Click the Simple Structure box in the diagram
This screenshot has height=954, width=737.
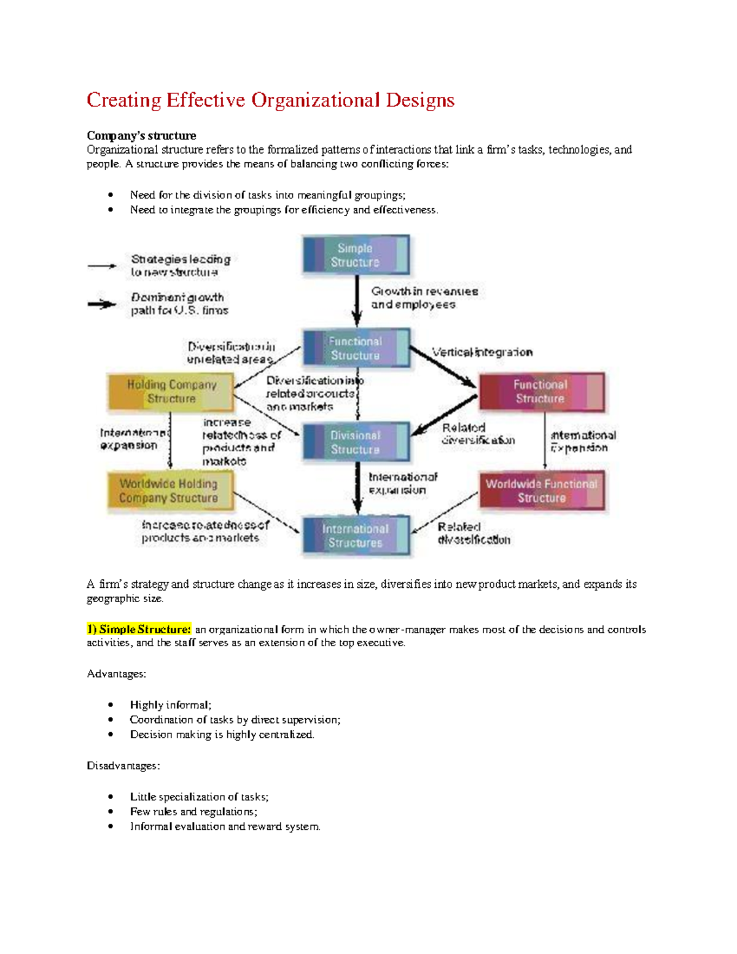tap(356, 255)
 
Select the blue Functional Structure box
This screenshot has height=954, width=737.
tap(356, 348)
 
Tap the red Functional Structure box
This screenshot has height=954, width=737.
tap(540, 392)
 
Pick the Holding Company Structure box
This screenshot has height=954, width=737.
tap(171, 392)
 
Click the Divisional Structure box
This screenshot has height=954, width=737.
tap(356, 442)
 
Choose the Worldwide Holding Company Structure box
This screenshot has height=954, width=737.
tap(170, 491)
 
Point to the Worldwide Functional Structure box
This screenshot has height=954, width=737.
tap(541, 491)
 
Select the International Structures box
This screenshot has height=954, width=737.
tap(356, 536)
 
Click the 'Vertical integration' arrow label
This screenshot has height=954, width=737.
tap(482, 352)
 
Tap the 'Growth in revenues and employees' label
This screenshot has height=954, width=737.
tap(424, 298)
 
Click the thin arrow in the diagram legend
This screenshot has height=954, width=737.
tap(102, 266)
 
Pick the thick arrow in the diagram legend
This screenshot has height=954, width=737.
tap(102, 304)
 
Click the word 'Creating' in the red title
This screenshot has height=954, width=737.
tap(123, 100)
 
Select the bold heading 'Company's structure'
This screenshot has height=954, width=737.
tap(141, 136)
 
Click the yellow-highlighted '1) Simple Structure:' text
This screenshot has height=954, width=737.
tap(139, 629)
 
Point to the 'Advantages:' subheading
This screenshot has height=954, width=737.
tap(117, 674)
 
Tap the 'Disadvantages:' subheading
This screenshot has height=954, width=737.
tap(123, 766)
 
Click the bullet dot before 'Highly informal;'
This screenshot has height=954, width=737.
tap(111, 705)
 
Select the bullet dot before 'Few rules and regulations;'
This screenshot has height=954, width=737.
tap(111, 812)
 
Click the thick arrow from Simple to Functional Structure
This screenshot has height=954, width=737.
tap(357, 301)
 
